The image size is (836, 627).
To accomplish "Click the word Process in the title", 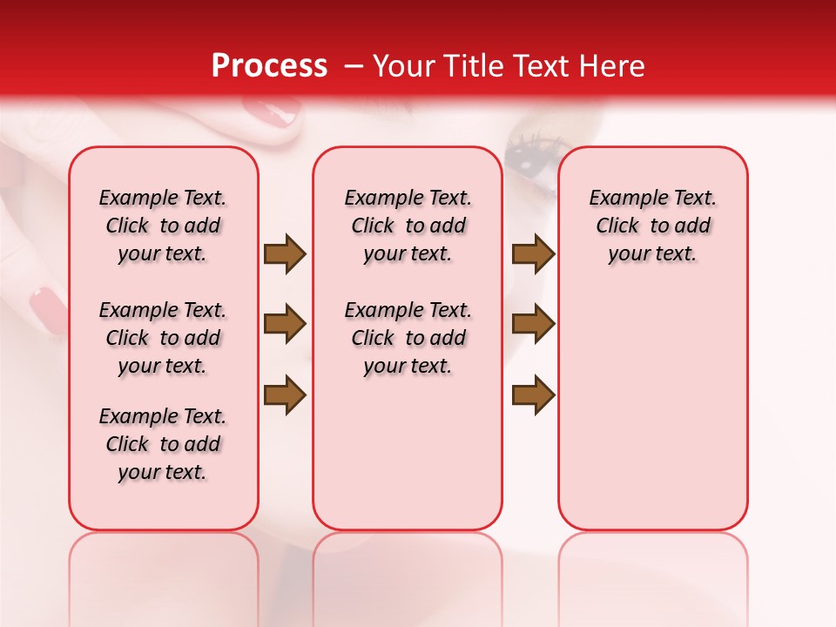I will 269,66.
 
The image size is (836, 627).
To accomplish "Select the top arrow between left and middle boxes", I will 285,253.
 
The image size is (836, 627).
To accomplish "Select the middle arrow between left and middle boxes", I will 285,324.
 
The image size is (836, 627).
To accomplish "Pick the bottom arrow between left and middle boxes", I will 285,394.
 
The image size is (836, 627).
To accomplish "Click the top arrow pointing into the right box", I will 533,253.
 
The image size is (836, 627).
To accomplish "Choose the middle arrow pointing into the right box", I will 533,324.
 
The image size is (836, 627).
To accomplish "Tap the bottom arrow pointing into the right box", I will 533,394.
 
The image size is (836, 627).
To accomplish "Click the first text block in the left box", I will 163,226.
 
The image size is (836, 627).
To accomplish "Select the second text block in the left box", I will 163,338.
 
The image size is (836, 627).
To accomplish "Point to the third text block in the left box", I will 163,444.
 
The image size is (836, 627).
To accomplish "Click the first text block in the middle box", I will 408,226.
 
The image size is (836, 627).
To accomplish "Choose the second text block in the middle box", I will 408,338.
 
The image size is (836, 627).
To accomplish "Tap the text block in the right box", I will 652,226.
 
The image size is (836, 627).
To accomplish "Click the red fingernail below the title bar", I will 270,111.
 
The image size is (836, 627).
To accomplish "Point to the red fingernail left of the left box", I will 47,309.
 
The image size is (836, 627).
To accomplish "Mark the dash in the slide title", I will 353,67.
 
